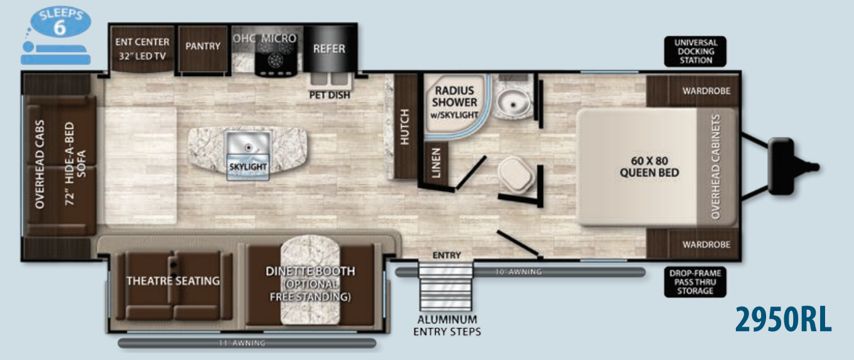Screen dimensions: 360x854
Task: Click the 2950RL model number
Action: coord(783,320)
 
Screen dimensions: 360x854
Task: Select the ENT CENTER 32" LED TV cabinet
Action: coord(143,48)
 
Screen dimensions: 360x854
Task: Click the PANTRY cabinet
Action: coord(203,46)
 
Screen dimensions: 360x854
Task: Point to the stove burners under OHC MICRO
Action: coord(274,59)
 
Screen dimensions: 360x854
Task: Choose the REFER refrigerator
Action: coord(330,48)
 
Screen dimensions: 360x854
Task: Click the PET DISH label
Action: coord(330,95)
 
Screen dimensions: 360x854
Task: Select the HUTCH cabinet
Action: coord(404,126)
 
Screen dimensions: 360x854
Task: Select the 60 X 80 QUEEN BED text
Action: coord(649,166)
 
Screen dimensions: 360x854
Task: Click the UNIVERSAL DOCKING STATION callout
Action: coord(695,52)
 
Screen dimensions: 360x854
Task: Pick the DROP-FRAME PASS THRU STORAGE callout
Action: coord(695,282)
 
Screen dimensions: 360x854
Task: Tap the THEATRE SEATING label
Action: coord(173,281)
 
